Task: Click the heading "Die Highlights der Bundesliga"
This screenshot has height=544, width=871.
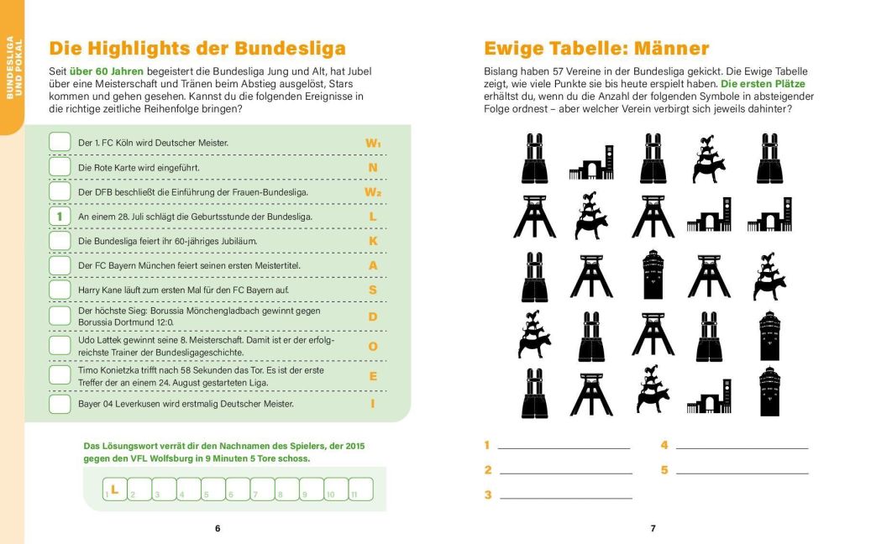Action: coord(197,48)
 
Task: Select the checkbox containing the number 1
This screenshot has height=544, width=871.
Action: coord(60,217)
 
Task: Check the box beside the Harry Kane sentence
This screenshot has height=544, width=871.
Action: coord(60,290)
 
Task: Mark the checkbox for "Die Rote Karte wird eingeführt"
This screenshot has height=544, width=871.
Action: coord(60,167)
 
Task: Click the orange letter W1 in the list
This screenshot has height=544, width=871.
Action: coord(373,144)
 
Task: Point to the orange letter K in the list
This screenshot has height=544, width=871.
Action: coord(373,241)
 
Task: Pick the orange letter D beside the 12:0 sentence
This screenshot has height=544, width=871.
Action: coord(373,316)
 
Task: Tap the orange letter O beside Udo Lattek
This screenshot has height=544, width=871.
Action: coord(373,346)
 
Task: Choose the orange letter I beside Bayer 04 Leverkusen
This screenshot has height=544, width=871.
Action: coord(373,404)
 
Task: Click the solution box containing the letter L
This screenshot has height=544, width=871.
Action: coord(114,489)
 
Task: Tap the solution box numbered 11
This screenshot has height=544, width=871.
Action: coord(360,489)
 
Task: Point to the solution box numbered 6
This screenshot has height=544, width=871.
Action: coord(238,489)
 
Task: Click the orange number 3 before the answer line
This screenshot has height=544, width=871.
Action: coord(488,495)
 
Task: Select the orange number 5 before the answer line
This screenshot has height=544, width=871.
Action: coord(664,470)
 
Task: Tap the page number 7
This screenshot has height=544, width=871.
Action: coord(653,528)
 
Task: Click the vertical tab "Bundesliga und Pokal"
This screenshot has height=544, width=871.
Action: coord(11,68)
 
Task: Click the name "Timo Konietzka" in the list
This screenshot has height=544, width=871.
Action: coord(109,370)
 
